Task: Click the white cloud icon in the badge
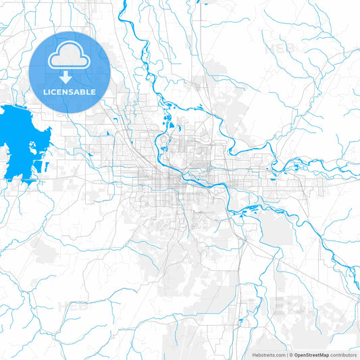70,56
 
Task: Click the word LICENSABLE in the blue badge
70,92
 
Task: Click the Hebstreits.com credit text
266,355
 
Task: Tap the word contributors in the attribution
344,355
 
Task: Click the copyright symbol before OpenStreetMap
291,355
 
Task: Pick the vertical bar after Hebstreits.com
286,355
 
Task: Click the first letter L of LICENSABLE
45,92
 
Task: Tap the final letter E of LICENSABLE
94,92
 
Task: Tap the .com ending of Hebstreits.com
278,355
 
